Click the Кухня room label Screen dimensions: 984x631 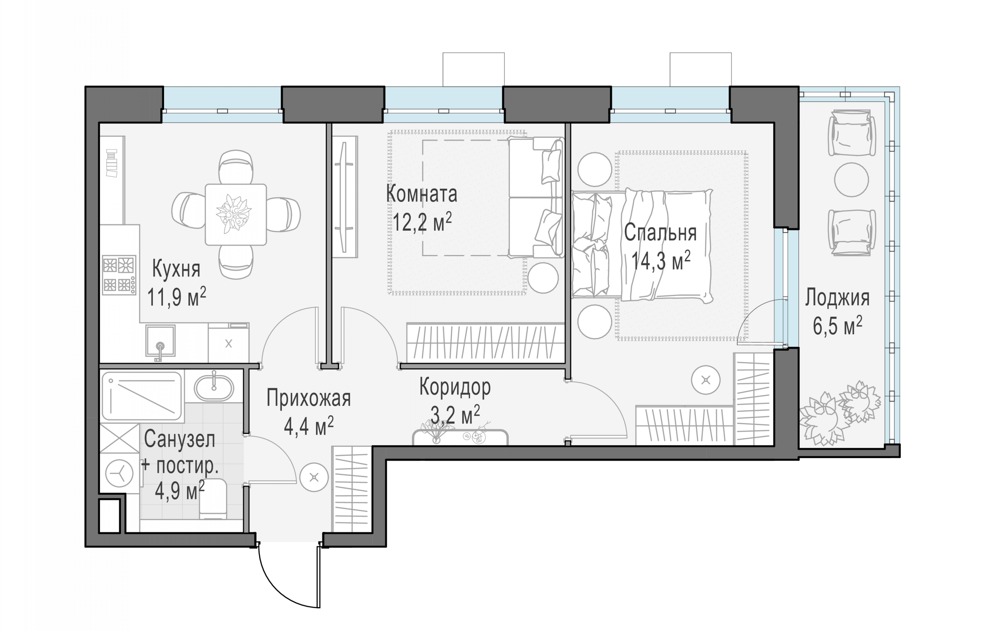point(176,270)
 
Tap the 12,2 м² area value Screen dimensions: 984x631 point(422,222)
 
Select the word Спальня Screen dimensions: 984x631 point(660,233)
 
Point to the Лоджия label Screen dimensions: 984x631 point(837,298)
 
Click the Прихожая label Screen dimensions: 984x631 point(309,398)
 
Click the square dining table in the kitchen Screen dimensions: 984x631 point(236,215)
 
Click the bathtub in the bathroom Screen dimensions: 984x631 point(142,396)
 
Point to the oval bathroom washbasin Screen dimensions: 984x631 point(214,387)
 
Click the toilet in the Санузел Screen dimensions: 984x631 point(213,499)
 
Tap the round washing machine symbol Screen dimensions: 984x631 point(119,474)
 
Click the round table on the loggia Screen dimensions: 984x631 point(852,180)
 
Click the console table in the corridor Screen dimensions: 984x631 point(460,437)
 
